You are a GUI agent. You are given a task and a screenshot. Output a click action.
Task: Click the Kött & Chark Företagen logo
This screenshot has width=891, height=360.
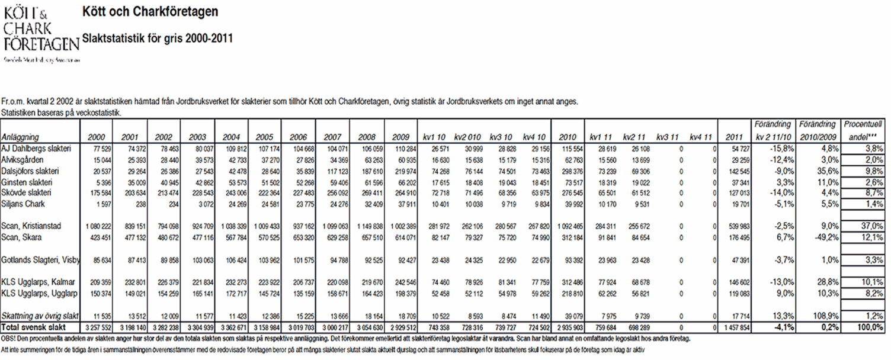40,33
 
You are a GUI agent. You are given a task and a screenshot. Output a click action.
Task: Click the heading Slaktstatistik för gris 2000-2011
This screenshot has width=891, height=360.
157,38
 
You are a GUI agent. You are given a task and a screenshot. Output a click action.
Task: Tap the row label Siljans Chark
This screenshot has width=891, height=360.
23,204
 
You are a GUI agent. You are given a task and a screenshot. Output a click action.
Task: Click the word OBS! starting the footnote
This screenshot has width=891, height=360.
10,339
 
